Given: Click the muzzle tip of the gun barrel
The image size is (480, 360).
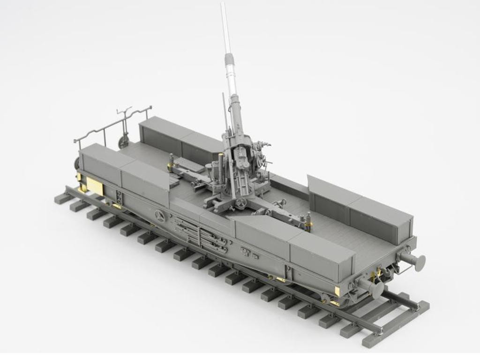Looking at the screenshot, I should [x=223, y=5].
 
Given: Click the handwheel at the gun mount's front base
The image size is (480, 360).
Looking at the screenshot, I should [x=241, y=203].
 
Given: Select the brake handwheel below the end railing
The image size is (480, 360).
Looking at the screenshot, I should [x=124, y=141].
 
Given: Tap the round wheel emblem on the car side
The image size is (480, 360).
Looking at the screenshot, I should [x=160, y=216].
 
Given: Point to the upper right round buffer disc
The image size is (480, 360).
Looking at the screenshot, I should [x=419, y=263].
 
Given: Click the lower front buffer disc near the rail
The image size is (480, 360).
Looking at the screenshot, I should [x=376, y=289].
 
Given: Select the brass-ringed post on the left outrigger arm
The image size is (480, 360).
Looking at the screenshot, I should [x=171, y=162].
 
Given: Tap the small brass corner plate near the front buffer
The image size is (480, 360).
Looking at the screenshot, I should [x=337, y=291].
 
